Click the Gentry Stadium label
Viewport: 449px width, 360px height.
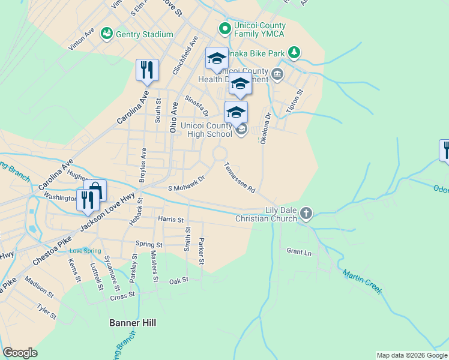(x=145, y=34)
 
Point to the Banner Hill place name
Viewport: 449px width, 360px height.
(x=133, y=323)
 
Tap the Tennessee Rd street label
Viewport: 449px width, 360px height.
(x=240, y=178)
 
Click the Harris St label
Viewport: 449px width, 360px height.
(x=170, y=220)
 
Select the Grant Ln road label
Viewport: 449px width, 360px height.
(x=299, y=252)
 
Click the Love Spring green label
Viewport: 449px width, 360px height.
(x=82, y=250)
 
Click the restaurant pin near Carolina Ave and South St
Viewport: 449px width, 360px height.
(x=147, y=70)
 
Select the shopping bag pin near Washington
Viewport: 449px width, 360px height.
(x=95, y=190)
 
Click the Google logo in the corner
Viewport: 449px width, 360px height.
(x=20, y=353)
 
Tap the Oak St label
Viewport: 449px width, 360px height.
(x=178, y=281)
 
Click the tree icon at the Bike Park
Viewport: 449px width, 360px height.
(x=294, y=53)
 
